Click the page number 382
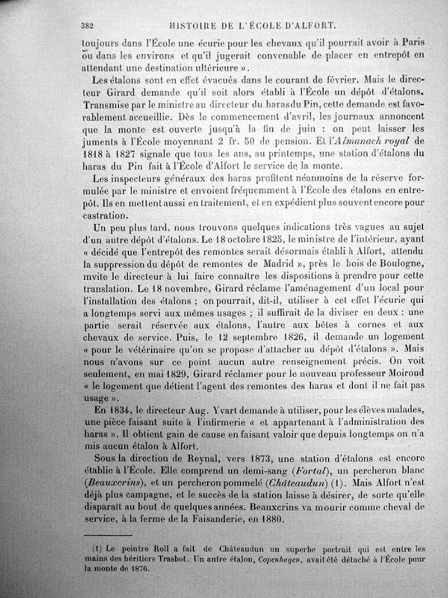(87, 25)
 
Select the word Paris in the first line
(413, 42)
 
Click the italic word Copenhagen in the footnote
(284, 559)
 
